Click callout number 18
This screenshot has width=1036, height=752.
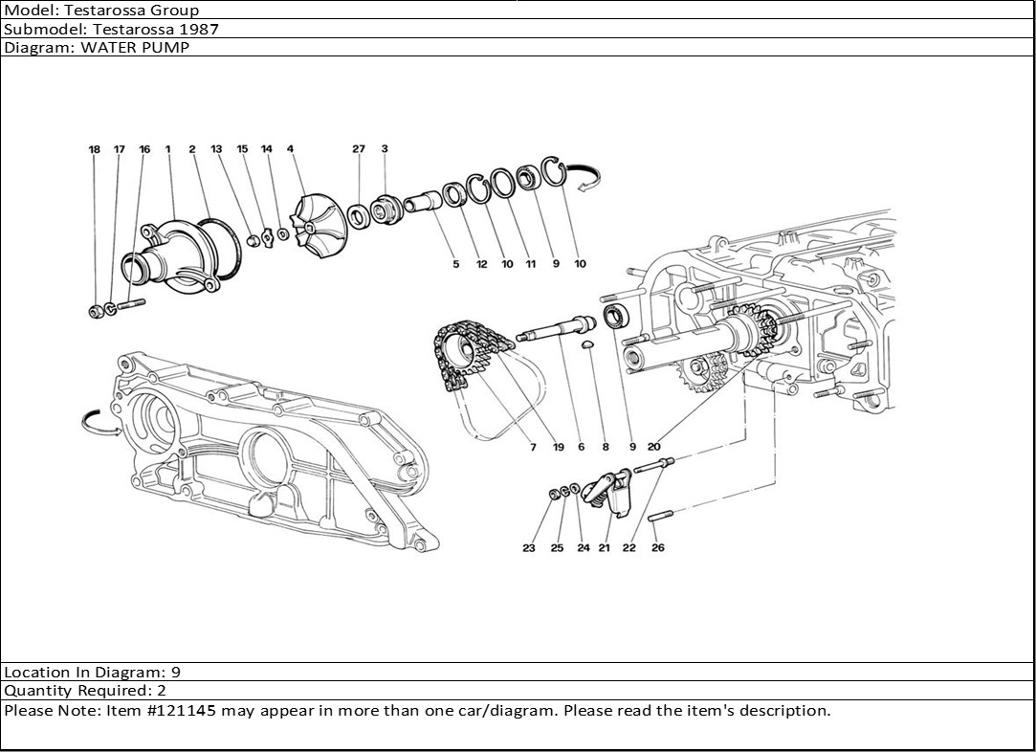pyautogui.click(x=94, y=149)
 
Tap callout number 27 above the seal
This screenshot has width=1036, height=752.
pyautogui.click(x=359, y=149)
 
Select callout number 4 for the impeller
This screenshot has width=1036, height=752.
pyautogui.click(x=290, y=149)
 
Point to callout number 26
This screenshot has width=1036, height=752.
pyautogui.click(x=658, y=548)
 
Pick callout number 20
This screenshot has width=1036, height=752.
pyautogui.click(x=654, y=446)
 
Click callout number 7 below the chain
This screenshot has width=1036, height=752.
pyautogui.click(x=532, y=446)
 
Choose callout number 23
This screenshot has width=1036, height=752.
pyautogui.click(x=529, y=548)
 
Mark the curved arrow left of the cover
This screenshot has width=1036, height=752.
pyautogui.click(x=98, y=421)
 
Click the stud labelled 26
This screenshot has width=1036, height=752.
pyautogui.click(x=661, y=518)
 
